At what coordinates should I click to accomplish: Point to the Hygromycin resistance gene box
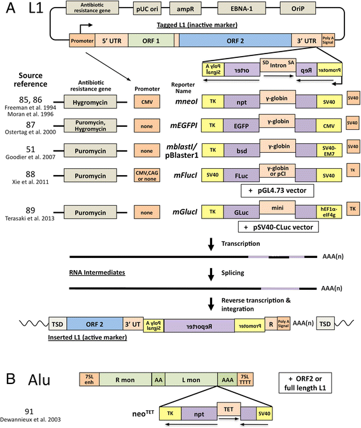(94, 101)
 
